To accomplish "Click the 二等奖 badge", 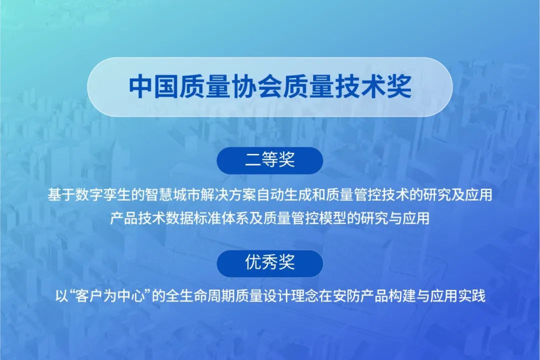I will [x=269, y=160].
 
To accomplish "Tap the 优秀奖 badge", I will [x=269, y=263].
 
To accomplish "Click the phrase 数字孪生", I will [x=103, y=195].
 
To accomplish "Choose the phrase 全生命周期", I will [x=192, y=295].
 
